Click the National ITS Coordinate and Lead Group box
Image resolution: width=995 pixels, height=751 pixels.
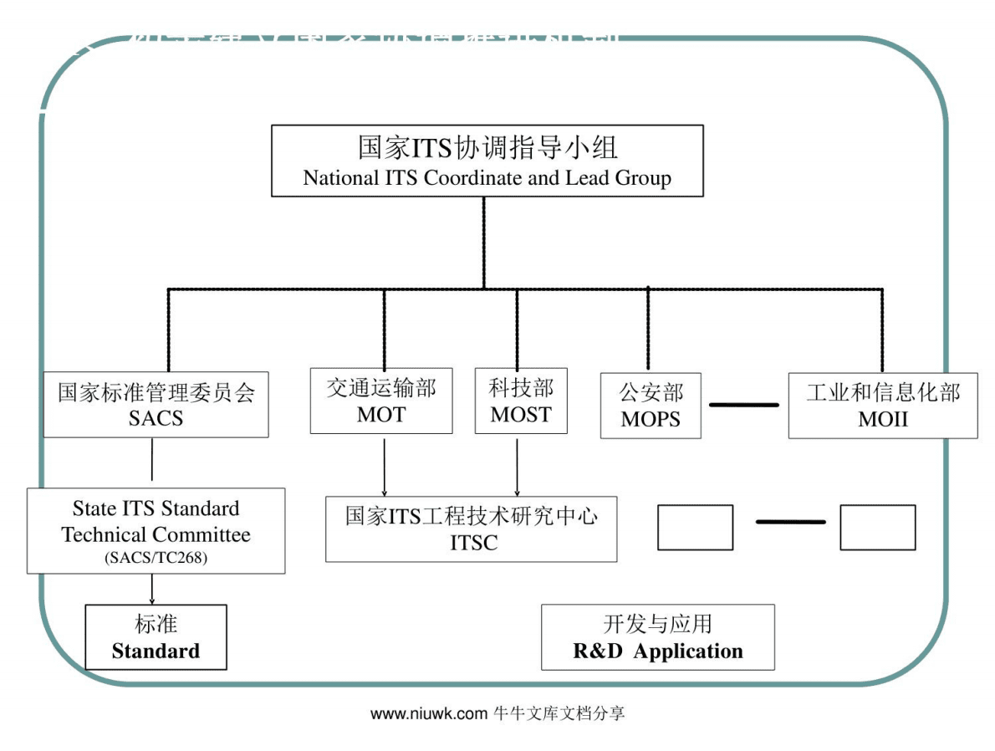[487, 161]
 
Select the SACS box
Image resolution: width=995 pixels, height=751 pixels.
[156, 405]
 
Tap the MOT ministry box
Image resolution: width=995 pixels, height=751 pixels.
[381, 401]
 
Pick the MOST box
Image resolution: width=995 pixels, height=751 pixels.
[521, 401]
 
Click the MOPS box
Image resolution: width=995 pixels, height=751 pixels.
[651, 406]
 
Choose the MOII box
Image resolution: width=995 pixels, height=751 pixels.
[883, 406]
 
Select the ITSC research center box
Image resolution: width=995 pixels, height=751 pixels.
[472, 529]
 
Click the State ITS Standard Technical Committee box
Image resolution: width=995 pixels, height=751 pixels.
[156, 530]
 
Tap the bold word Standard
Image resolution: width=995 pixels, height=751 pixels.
[156, 651]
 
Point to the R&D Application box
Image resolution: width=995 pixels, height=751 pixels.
[658, 637]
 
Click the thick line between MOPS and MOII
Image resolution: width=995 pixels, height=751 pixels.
[744, 405]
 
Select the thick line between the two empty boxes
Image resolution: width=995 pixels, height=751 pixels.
[790, 522]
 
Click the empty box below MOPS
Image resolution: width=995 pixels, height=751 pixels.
[695, 527]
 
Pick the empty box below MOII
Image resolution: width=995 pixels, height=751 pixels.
[877, 527]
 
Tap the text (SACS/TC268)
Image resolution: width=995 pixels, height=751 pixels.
[156, 558]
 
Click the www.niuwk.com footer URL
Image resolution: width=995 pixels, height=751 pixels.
[428, 713]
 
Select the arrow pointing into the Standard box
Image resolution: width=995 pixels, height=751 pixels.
[151, 590]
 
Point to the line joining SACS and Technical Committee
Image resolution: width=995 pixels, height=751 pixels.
[151, 462]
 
